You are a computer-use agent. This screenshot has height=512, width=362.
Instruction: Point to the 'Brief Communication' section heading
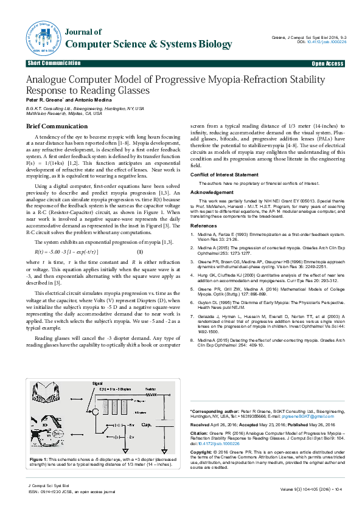[53, 126]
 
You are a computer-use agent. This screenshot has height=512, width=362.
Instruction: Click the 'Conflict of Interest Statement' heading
[224, 175]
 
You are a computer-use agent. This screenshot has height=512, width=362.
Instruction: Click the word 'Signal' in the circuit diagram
[98, 384]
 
